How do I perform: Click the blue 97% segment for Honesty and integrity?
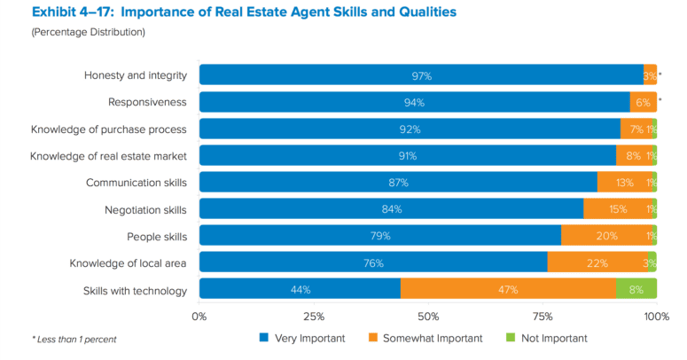(421, 75)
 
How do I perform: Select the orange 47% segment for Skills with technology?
(508, 289)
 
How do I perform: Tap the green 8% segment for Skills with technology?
(636, 289)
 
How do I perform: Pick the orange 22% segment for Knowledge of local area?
(597, 262)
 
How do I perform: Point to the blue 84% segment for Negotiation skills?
(391, 209)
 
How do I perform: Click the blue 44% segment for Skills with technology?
(300, 289)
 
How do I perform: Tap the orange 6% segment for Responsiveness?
(643, 102)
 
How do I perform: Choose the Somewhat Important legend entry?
(425, 338)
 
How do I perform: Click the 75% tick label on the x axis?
(542, 316)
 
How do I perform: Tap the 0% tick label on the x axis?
(199, 316)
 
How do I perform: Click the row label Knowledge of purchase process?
(108, 129)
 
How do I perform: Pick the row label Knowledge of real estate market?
(108, 156)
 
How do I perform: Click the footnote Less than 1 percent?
(74, 339)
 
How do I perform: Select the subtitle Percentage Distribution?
(89, 32)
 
